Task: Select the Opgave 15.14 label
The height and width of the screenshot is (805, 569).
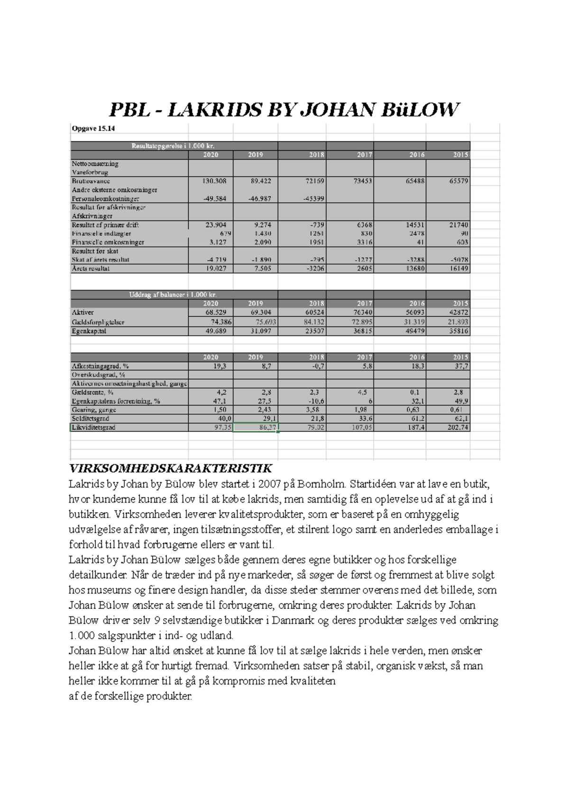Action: click(93, 128)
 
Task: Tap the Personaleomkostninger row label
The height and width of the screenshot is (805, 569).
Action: click(105, 199)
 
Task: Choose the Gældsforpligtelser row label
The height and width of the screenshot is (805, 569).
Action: click(98, 322)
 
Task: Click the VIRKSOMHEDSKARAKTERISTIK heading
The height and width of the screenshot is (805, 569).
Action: click(170, 469)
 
